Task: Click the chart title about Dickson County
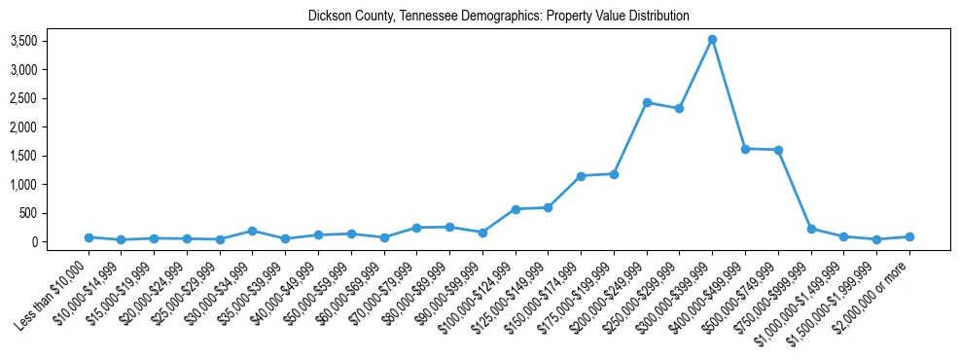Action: click(x=498, y=17)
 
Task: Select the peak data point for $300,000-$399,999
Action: click(x=712, y=40)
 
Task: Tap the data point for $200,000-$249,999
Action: click(x=647, y=102)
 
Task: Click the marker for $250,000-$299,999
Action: click(x=679, y=108)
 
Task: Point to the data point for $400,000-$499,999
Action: click(x=745, y=149)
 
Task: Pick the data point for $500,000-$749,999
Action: click(x=778, y=150)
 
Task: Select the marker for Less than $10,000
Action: click(x=89, y=237)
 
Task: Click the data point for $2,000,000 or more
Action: click(x=909, y=236)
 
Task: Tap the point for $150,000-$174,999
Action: click(x=581, y=176)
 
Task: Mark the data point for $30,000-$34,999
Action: click(x=252, y=231)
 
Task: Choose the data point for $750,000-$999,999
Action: click(x=811, y=229)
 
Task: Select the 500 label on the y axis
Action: click(x=28, y=213)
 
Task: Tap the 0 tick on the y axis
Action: click(x=33, y=241)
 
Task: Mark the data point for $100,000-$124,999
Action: click(x=516, y=209)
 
